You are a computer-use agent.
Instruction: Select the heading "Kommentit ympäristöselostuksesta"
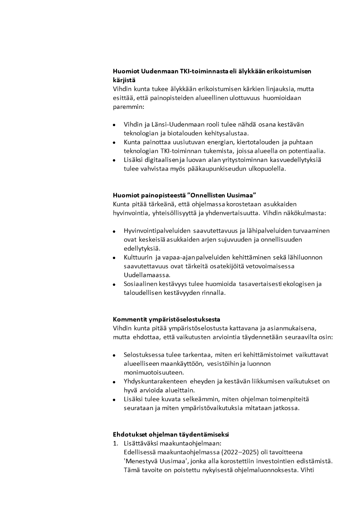pos(166,318)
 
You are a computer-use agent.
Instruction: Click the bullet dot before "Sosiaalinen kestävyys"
pos(114,285)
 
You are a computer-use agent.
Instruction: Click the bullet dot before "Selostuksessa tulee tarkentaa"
pos(114,355)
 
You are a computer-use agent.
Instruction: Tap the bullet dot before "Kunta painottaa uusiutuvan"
pos(114,143)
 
